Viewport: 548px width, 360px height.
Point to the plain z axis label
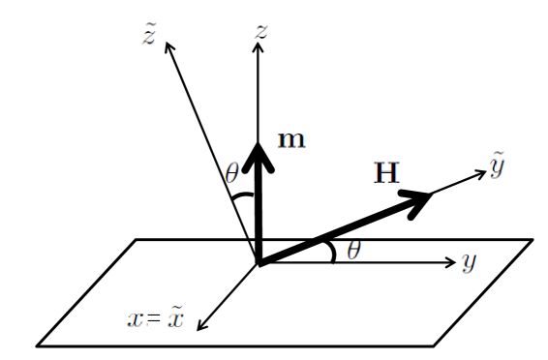[x=260, y=30]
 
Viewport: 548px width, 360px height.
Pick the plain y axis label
[x=470, y=261]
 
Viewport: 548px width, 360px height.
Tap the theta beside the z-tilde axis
[x=231, y=174]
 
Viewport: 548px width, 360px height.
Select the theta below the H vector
[x=354, y=251]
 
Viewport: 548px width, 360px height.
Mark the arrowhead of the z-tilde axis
[x=170, y=44]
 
